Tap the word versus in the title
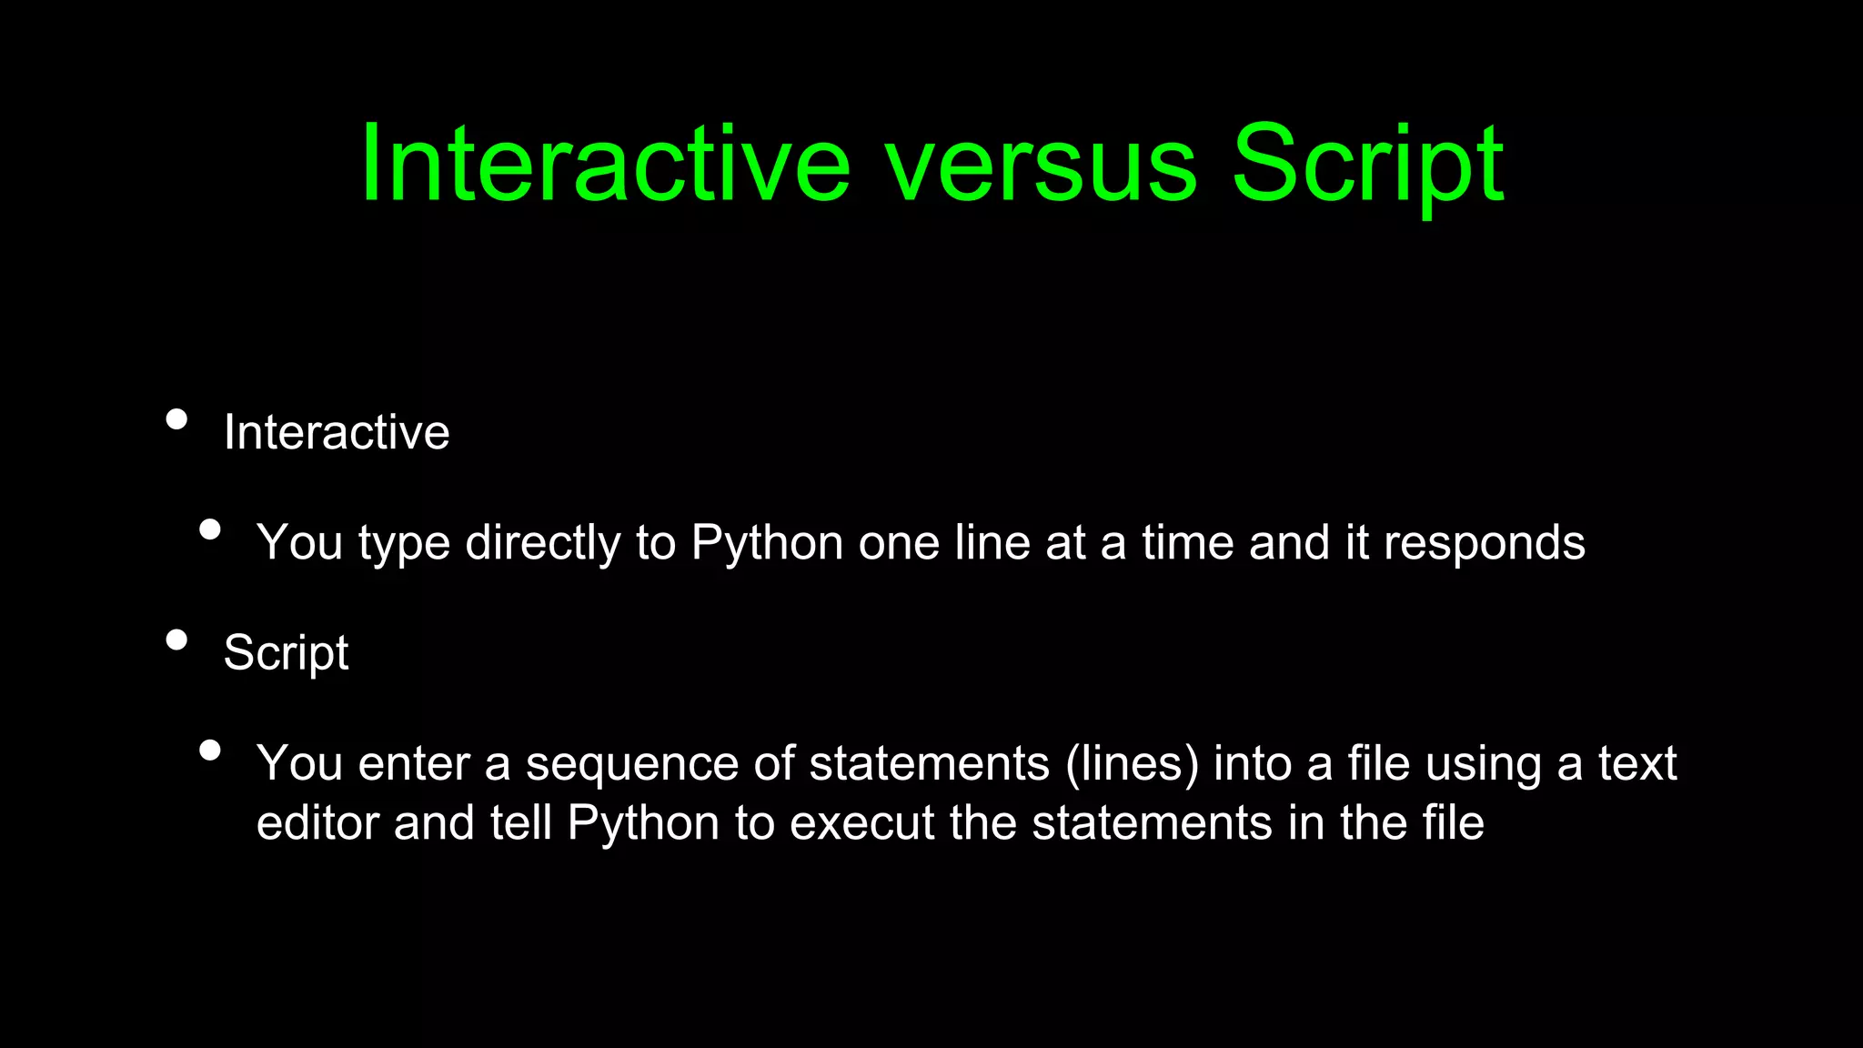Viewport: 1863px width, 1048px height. tap(1042, 166)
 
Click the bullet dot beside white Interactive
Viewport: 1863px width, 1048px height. tap(177, 419)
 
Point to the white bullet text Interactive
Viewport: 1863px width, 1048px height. tap(337, 431)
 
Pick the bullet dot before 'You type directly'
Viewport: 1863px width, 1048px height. tap(210, 529)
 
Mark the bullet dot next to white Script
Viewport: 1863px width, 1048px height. tap(177, 640)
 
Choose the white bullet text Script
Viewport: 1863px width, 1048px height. tap(286, 653)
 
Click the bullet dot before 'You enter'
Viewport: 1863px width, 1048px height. tap(210, 750)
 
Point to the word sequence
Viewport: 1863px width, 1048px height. tap(632, 764)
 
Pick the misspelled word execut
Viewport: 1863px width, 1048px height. tap(861, 822)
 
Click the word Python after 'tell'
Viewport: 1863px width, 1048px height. tap(643, 824)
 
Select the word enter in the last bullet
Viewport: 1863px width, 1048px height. tap(414, 763)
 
